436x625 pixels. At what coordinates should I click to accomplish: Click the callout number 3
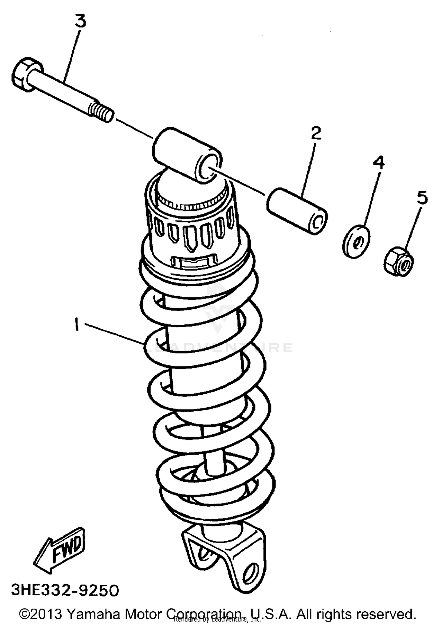[81, 21]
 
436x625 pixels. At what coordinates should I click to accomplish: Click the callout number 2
[316, 133]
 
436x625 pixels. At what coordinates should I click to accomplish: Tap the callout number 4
[379, 162]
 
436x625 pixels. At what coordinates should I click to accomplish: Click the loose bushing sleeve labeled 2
[296, 211]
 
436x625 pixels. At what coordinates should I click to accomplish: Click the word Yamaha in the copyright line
[94, 614]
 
